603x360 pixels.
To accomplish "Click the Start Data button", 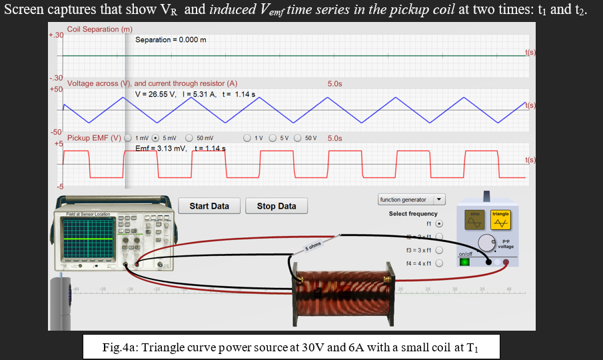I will coord(209,206).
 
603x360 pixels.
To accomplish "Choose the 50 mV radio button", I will coord(189,138).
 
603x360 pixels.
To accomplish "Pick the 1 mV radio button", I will coord(127,138).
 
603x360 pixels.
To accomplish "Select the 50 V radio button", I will coord(299,138).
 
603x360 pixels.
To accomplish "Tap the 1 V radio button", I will coord(247,138).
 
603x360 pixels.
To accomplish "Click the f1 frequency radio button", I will coord(439,224).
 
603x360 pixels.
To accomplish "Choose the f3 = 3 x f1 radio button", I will coord(439,251).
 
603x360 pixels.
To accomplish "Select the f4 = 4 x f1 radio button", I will coord(439,263).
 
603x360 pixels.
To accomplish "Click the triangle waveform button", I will coord(500,218).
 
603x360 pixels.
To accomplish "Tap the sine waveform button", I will coord(476,218).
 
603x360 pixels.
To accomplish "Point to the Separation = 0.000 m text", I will coord(171,40).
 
